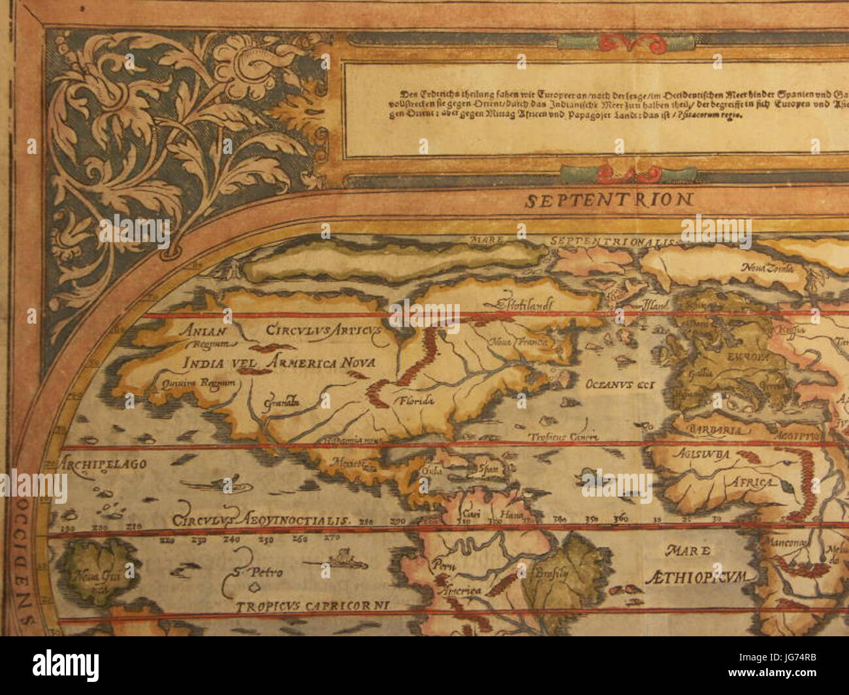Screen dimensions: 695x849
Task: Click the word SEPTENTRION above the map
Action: coord(610,200)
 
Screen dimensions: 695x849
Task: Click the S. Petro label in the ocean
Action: coord(257,572)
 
